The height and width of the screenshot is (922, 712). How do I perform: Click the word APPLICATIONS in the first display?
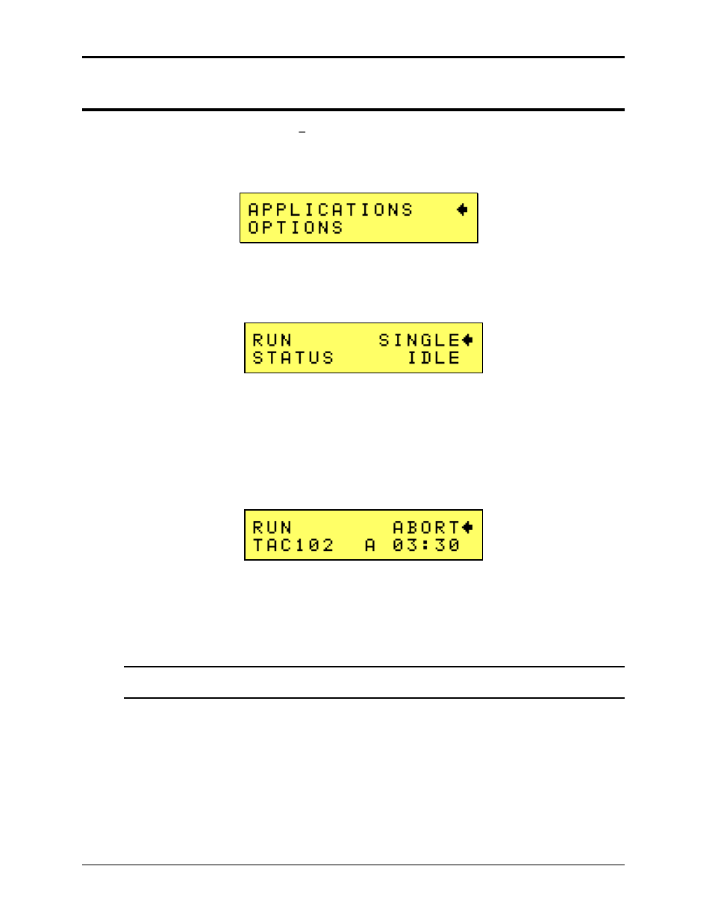[x=330, y=210]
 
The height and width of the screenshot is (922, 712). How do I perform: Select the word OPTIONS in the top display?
[x=296, y=228]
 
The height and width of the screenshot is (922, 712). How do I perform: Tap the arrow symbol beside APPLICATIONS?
[x=462, y=210]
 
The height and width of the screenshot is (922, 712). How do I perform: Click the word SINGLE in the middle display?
[x=419, y=340]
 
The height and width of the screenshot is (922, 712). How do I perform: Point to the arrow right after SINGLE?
[x=467, y=340]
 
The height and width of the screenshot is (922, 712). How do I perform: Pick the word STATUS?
[x=293, y=358]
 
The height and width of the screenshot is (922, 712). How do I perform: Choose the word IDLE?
[x=434, y=358]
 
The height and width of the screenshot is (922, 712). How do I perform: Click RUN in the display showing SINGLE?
[x=272, y=340]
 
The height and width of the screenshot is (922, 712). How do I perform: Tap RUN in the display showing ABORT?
[x=272, y=528]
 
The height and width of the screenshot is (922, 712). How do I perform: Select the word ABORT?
[x=426, y=528]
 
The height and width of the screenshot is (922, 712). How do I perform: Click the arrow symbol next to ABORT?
[x=467, y=528]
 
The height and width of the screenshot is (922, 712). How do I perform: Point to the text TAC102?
[x=293, y=546]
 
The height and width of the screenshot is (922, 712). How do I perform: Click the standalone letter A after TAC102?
[x=370, y=546]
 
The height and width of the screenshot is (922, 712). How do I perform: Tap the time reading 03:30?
[x=426, y=546]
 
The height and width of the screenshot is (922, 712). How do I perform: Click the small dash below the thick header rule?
[x=302, y=132]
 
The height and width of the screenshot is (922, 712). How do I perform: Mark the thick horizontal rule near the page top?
[x=353, y=110]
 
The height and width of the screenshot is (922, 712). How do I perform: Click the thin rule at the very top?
[x=353, y=57]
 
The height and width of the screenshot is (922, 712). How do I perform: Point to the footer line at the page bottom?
[x=353, y=865]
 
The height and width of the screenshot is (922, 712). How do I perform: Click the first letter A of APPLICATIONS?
[x=254, y=210]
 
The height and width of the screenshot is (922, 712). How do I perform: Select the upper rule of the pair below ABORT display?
[x=373, y=667]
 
